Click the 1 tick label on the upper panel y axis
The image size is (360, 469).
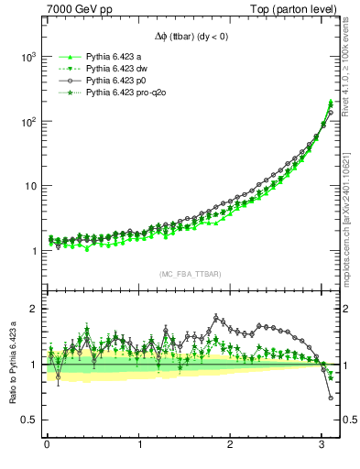pos(33,251)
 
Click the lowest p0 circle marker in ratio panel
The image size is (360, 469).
pos(331,398)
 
